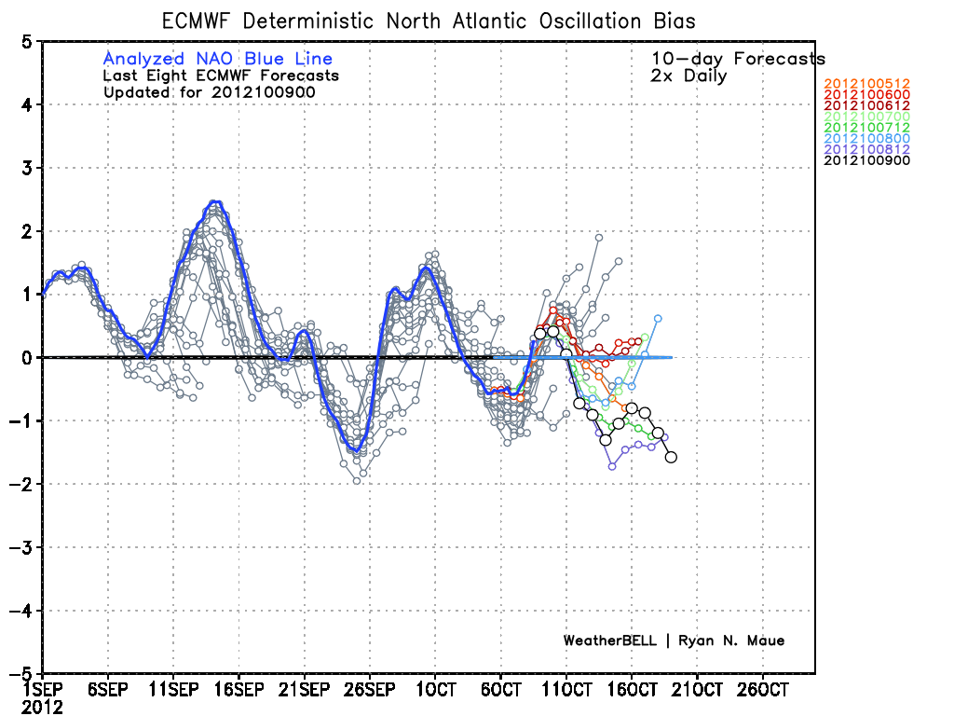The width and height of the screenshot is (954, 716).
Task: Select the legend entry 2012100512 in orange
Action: tap(866, 84)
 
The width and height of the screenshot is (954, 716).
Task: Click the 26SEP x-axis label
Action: tap(369, 691)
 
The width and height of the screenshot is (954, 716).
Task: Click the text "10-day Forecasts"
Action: tap(738, 59)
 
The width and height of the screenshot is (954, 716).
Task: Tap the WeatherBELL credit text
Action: tap(674, 640)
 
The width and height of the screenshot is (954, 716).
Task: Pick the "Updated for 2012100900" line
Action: tap(209, 92)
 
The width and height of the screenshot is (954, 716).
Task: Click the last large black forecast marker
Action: tap(671, 457)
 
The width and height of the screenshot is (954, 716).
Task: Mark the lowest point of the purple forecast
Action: tap(612, 466)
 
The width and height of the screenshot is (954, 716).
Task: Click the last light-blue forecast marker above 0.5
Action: tap(658, 319)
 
